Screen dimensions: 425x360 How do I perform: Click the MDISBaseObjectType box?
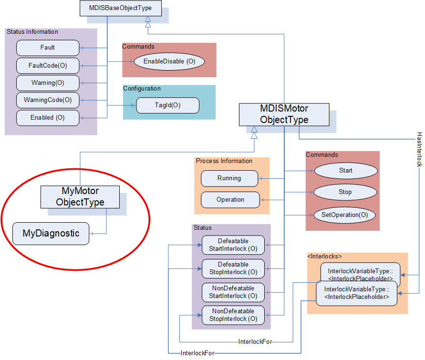(121, 8)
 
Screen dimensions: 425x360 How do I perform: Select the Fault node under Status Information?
(48, 48)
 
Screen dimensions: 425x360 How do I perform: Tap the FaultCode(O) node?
(48, 65)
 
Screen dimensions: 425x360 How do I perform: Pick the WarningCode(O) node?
(48, 100)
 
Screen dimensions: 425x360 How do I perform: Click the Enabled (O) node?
(48, 118)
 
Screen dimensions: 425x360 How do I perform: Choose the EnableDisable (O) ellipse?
(169, 62)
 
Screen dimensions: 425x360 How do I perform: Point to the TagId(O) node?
(168, 105)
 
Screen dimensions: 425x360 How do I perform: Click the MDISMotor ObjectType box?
(284, 114)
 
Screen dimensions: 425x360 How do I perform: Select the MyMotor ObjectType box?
(80, 197)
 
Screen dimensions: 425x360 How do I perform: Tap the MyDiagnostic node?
(51, 234)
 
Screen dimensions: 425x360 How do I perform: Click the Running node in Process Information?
(229, 178)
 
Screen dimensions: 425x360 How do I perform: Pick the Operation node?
(230, 200)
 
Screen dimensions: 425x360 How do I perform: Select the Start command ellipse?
(346, 171)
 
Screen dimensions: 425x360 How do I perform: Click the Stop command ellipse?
(345, 192)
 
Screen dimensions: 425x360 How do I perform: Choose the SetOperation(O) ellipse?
(345, 215)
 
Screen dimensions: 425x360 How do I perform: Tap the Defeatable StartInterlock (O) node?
(233, 245)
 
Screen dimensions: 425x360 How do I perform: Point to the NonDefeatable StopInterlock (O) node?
(233, 315)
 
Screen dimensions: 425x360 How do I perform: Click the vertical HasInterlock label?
(419, 150)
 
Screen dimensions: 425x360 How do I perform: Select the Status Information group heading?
(32, 31)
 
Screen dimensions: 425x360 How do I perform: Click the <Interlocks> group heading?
(324, 256)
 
